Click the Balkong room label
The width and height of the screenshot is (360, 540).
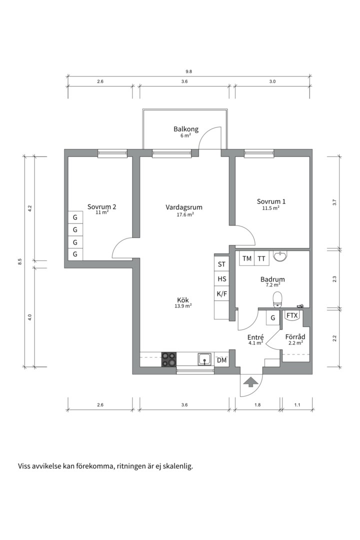click(185, 129)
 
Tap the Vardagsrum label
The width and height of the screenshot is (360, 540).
click(184, 207)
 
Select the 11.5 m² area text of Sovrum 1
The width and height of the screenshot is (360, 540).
click(271, 208)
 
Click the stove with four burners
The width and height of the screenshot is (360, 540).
click(169, 359)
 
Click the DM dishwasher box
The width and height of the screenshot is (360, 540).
click(222, 360)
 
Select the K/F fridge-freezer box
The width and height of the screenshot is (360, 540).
click(222, 294)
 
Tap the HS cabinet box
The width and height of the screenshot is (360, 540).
click(222, 279)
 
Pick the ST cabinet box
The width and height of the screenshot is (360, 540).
click(222, 264)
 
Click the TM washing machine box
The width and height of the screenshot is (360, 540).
click(247, 258)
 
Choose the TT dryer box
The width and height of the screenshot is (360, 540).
click(261, 258)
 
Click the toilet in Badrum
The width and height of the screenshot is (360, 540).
click(277, 299)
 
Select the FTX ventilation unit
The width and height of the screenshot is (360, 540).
click(292, 315)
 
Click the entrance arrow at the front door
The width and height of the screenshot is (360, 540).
click(250, 381)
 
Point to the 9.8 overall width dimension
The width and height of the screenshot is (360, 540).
click(189, 71)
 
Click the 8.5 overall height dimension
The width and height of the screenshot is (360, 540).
click(20, 261)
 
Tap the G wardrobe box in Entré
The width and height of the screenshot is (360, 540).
click(273, 318)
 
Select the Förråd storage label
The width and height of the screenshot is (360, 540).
click(295, 337)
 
